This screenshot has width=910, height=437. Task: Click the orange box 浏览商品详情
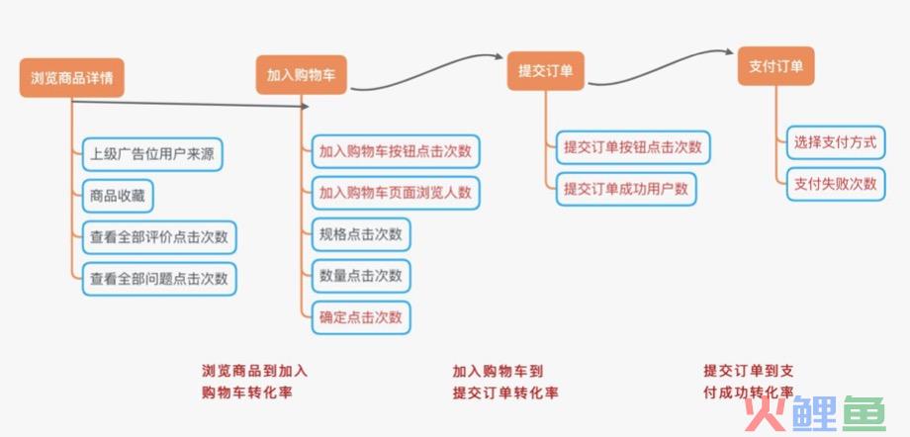[71, 78]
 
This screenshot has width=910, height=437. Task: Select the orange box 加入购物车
[302, 75]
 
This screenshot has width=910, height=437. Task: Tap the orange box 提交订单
[545, 71]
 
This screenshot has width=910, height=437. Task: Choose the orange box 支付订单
[775, 66]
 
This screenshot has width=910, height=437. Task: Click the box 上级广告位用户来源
[152, 154]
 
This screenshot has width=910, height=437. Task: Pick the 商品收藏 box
[118, 196]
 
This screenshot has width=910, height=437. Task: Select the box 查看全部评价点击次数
[159, 237]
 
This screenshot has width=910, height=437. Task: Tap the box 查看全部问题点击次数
[159, 279]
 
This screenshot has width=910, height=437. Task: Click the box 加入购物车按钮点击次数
[396, 151]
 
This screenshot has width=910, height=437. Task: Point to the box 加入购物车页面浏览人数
[396, 193]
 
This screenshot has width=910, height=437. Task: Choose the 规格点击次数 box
[360, 234]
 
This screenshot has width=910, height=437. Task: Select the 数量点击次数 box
[360, 276]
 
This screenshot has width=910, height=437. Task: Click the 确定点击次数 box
[360, 317]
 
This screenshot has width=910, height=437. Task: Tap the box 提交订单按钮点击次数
[633, 147]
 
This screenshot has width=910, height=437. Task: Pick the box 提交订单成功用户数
[625, 189]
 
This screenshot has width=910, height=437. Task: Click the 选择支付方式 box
[836, 142]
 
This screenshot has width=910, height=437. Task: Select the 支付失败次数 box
[836, 184]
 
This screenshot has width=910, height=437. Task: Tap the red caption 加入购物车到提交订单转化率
[504, 382]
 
